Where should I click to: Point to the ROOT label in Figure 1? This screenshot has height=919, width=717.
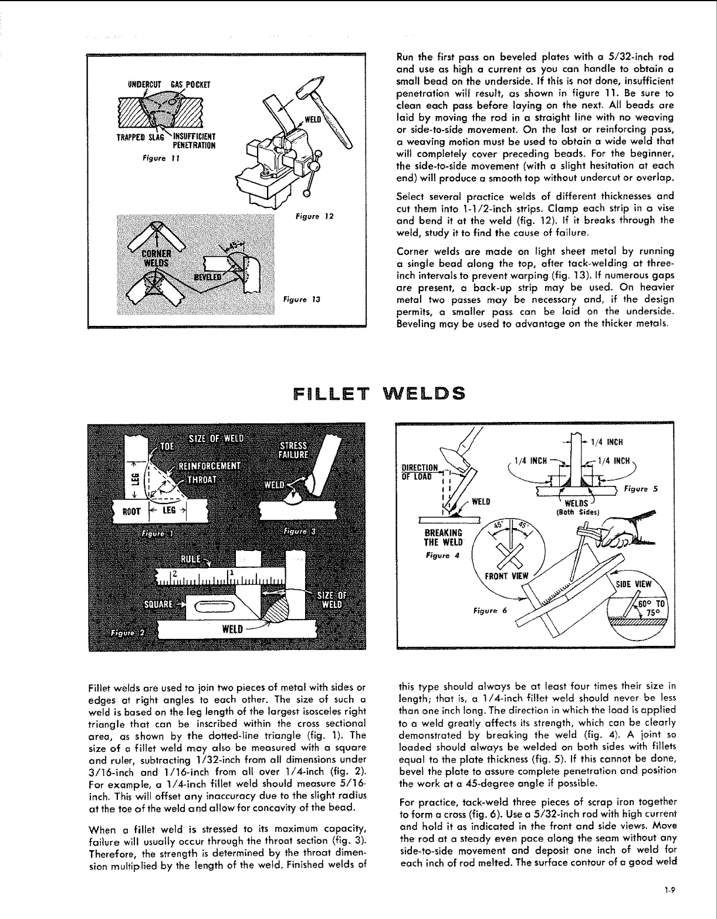coord(130,510)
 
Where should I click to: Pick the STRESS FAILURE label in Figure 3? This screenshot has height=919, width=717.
coord(296,448)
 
